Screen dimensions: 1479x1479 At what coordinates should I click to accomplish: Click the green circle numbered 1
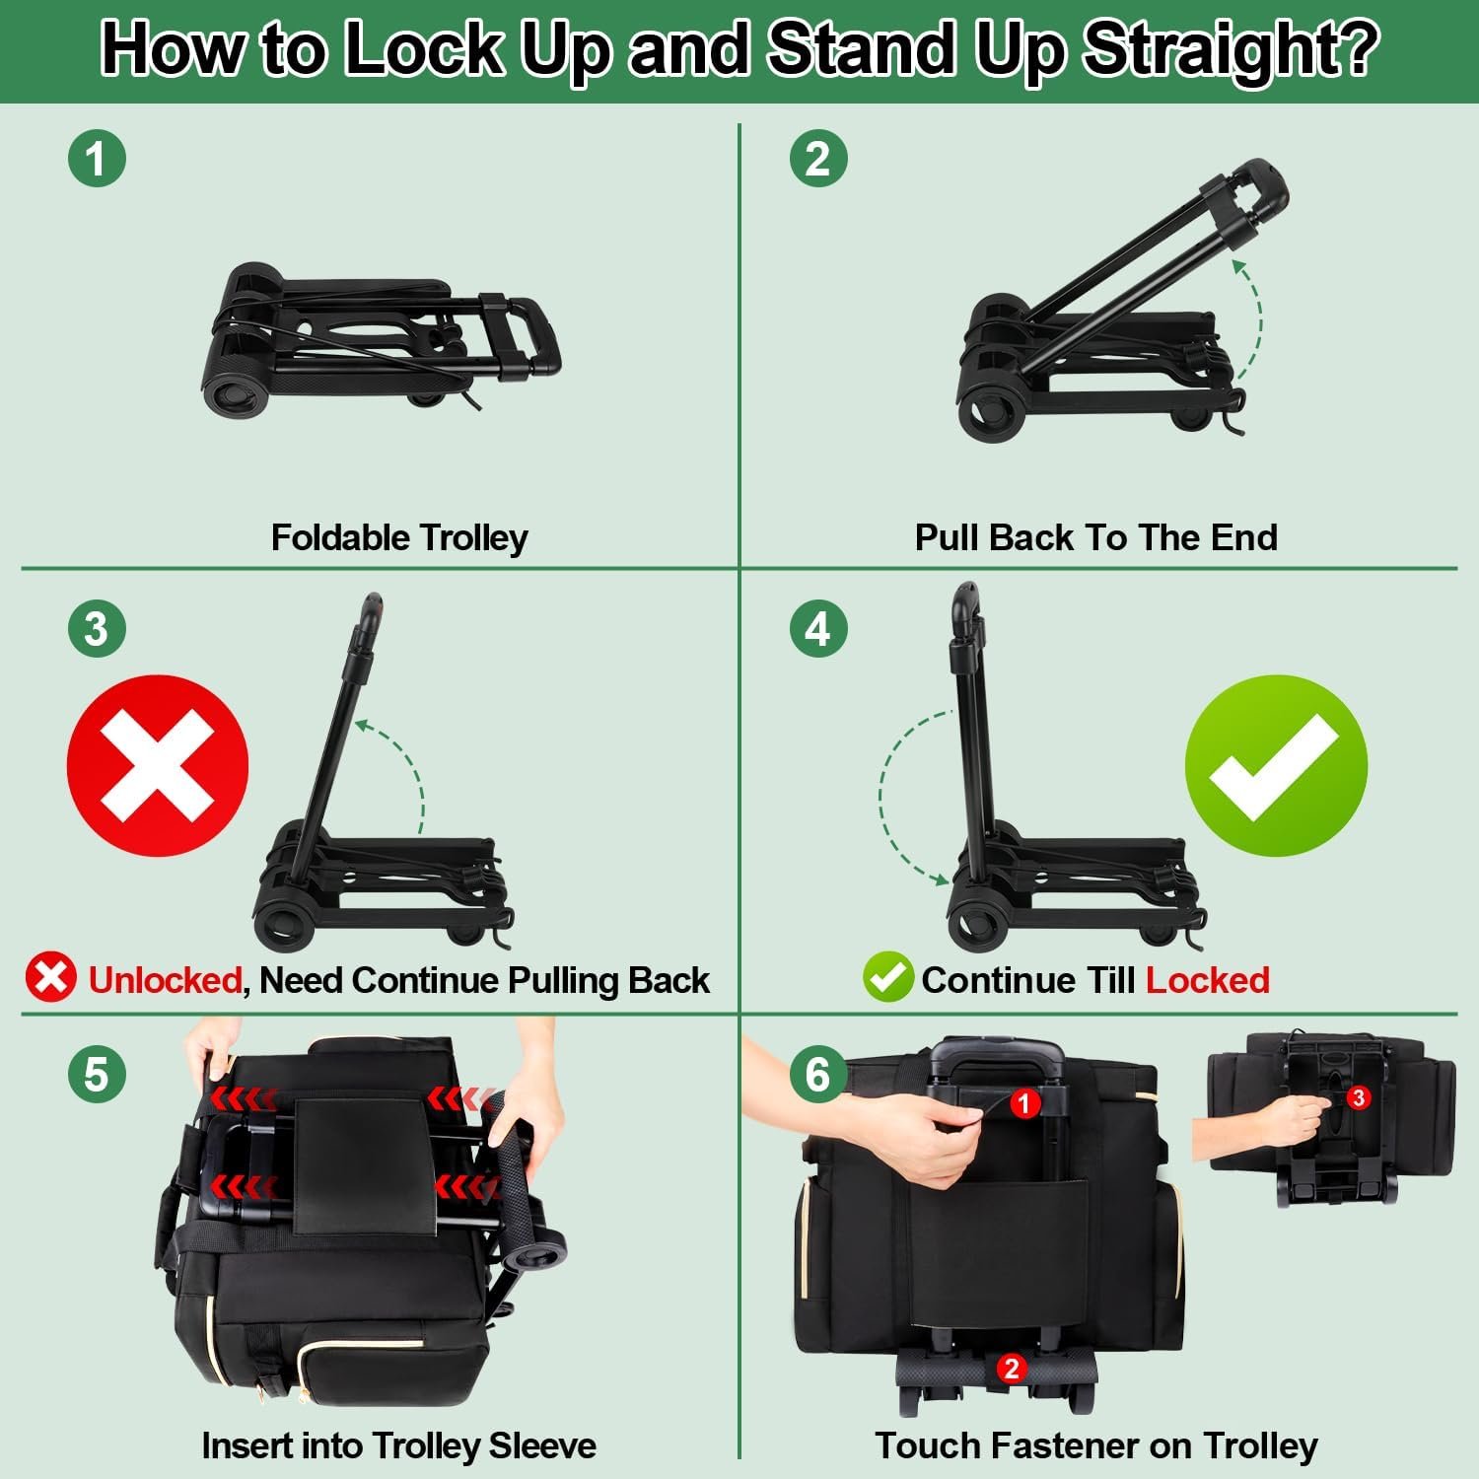click(x=97, y=158)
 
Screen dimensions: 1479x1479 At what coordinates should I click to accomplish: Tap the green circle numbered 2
click(x=818, y=158)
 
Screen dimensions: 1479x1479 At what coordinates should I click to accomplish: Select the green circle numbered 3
click(x=97, y=628)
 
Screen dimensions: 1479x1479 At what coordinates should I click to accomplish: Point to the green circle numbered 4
click(x=818, y=628)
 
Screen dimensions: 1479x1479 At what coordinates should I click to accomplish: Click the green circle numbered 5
click(x=97, y=1073)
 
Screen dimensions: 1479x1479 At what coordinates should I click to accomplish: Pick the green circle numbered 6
click(x=818, y=1073)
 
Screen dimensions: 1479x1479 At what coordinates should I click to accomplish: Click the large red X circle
click(x=158, y=765)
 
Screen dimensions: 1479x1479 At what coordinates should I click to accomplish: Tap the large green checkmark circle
click(x=1276, y=765)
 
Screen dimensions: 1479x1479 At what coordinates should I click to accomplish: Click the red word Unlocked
click(x=165, y=980)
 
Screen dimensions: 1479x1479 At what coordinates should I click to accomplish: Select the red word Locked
click(x=1207, y=980)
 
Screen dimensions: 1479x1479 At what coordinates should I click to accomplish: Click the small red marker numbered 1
click(x=1024, y=1103)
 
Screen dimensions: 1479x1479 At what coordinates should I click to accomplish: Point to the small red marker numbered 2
click(x=1010, y=1368)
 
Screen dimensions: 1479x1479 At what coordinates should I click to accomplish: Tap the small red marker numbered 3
click(x=1359, y=1097)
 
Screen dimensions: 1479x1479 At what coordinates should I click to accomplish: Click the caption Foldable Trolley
click(x=399, y=537)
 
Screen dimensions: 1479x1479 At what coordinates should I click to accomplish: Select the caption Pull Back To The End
click(x=1095, y=537)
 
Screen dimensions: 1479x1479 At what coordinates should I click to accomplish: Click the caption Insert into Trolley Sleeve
click(x=398, y=1445)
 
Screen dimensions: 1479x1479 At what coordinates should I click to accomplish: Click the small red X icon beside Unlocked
click(x=51, y=977)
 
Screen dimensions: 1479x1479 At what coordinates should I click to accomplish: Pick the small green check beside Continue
click(x=887, y=977)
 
